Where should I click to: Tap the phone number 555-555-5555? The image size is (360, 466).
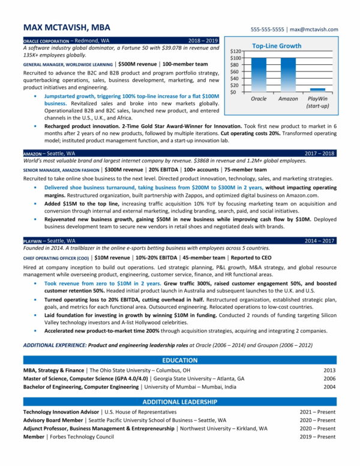[268, 29]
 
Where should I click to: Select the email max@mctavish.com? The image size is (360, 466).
[313, 29]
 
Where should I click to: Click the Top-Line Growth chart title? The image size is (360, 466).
[277, 46]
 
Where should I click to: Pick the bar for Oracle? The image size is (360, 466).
[259, 75]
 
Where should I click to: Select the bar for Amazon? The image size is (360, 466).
[288, 75]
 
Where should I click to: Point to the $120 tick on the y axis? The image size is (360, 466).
[235, 52]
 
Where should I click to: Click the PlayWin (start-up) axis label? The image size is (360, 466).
[317, 102]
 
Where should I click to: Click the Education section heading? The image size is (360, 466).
[179, 360]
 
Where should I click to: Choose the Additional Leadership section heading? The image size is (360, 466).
[179, 402]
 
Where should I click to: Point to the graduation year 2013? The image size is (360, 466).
[329, 371]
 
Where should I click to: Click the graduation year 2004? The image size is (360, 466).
[329, 387]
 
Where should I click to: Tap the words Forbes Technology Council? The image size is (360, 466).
[80, 437]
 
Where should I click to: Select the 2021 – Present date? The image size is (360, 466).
[317, 412]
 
